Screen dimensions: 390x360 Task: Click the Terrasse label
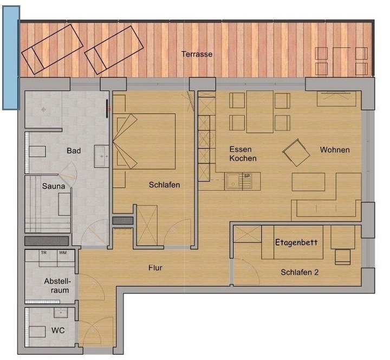point(197,54)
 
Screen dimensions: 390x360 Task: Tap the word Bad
point(74,151)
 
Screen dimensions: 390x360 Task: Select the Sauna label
point(54,186)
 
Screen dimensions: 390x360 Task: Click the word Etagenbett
point(296,242)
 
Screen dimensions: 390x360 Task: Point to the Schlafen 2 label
point(300,272)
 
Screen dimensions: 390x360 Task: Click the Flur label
point(155,268)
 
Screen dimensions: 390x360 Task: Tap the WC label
point(58,330)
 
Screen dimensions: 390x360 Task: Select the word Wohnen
point(335,150)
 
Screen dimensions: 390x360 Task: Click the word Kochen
point(243,158)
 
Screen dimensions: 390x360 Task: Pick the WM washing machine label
point(63,253)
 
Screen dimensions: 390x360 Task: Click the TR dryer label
point(44,253)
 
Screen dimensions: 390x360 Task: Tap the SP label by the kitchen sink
point(247,176)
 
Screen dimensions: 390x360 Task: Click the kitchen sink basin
point(233,181)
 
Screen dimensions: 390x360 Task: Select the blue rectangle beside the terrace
point(11,58)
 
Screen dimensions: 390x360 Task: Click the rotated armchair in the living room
point(296,152)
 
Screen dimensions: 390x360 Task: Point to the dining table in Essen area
point(260,112)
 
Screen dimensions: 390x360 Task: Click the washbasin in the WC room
point(61,313)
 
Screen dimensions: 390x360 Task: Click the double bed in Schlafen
point(144,142)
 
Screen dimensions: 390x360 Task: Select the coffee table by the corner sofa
point(308,182)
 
